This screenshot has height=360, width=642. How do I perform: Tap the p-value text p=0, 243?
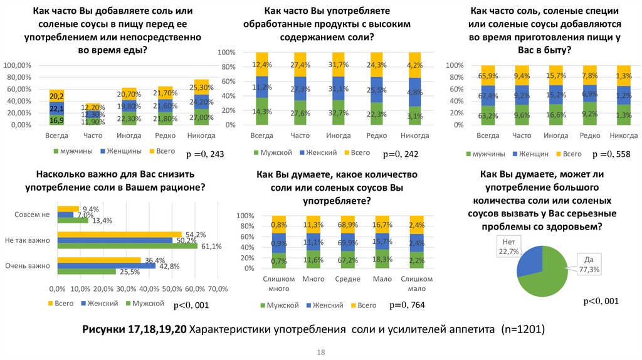(205, 154)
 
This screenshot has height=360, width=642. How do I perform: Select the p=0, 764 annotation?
(408, 305)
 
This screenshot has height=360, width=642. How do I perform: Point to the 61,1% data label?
(211, 246)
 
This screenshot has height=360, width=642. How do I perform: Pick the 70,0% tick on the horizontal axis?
(218, 289)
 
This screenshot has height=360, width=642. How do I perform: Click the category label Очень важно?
(27, 266)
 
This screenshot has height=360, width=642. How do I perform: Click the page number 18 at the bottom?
(321, 352)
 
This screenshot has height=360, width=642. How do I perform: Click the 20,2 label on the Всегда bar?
(56, 96)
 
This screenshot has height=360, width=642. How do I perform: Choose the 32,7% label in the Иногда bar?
(338, 113)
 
